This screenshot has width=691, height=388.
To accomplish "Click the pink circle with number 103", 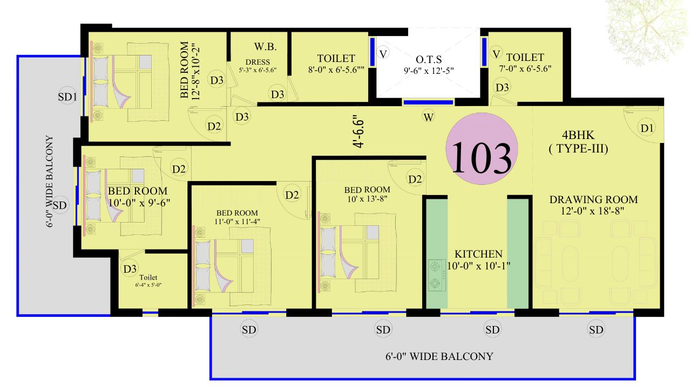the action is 482,149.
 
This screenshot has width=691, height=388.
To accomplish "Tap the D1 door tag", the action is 647,128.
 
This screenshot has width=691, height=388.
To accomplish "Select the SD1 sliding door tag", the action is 67,97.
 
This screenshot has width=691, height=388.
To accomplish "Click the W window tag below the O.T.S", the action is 429,117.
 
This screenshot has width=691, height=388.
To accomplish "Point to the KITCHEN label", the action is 478,254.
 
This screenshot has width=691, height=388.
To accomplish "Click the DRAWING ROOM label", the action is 593,199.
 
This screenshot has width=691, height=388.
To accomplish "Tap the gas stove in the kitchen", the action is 436,275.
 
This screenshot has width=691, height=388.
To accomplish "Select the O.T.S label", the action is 429,59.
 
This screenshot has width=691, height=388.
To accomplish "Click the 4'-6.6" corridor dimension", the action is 360,131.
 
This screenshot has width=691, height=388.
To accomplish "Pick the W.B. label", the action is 265,47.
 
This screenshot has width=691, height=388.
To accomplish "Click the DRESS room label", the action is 258,62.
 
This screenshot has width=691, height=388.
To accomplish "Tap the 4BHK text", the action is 578,135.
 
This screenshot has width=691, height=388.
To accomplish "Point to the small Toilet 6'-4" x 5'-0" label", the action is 148,281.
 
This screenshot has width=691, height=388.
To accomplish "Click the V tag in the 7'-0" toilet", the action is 496,54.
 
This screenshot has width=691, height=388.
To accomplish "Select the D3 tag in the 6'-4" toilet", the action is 130,269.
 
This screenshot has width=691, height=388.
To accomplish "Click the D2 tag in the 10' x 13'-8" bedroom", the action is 415,179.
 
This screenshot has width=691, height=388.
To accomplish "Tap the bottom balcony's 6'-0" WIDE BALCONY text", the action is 439,357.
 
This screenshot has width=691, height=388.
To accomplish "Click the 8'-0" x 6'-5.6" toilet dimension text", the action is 336,70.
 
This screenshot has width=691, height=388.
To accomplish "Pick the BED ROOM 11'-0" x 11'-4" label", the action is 237,217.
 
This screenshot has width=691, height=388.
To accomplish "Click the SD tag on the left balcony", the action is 59,205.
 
